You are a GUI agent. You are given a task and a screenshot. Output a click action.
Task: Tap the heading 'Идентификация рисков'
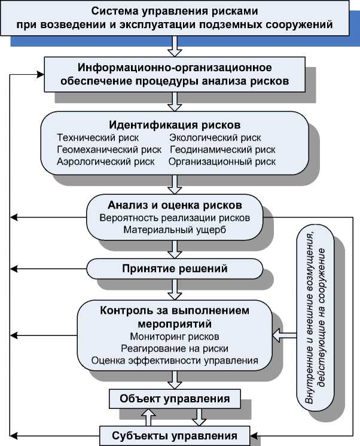[175, 126]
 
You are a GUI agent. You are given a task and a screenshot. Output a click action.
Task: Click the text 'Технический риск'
[89, 138]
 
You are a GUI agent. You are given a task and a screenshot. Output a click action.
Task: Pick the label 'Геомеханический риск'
[99, 149]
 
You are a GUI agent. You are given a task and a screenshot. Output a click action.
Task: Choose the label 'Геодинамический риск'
[223, 149]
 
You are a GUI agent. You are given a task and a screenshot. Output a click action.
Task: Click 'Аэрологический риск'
[97, 161]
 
